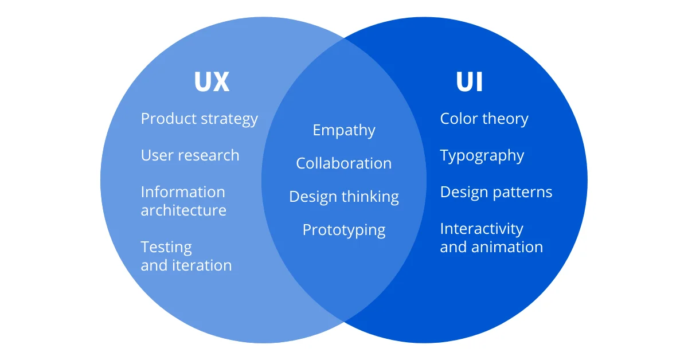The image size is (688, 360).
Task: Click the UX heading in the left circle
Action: coord(212,82)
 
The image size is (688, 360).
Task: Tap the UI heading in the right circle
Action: coord(470,82)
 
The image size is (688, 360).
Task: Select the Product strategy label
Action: coord(199,119)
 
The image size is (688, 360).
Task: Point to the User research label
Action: coord(190,155)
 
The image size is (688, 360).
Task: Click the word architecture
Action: coord(183,210)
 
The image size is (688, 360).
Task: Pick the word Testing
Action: coord(166,248)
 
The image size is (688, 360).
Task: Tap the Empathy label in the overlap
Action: coord(344,131)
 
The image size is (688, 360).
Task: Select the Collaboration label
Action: coord(344,163)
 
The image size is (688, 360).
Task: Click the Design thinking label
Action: coord(344,197)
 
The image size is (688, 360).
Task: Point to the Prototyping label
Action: coord(344,230)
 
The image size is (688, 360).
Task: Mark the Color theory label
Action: coord(484,119)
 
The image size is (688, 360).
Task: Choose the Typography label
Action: coord(482,156)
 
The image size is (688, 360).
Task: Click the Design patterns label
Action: coord(496,192)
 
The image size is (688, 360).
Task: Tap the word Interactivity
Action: coord(482,229)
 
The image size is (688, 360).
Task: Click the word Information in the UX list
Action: coord(183,192)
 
